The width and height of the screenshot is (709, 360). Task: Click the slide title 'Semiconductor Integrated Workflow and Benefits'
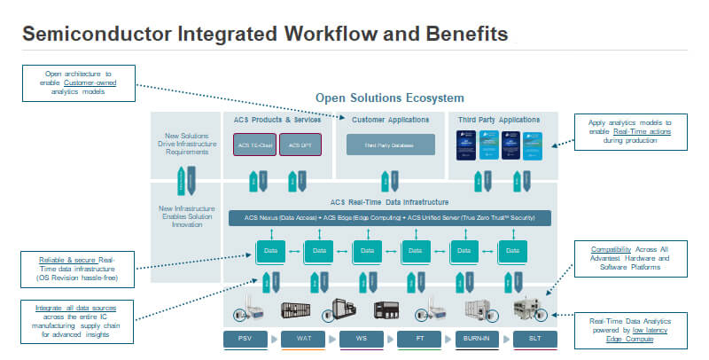coord(264,35)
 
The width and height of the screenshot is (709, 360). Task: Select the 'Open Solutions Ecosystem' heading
coord(390,98)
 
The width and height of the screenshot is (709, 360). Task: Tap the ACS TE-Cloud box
coord(254,145)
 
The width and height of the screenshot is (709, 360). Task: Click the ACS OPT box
coord(300,145)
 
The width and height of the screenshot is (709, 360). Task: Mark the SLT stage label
coord(535,339)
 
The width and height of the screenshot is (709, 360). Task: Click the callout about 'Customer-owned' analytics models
coord(80,82)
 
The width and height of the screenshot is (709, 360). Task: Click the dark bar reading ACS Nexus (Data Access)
coord(390,218)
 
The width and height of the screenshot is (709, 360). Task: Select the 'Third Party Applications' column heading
coord(498,120)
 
